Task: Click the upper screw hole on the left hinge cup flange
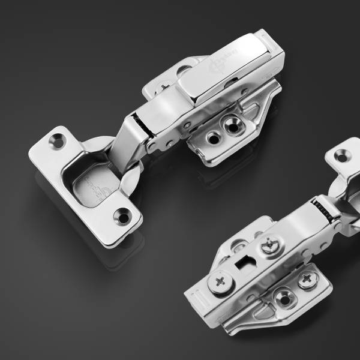[59, 138]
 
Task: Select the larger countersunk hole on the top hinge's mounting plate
[230, 124]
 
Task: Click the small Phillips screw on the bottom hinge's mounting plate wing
[310, 278]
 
